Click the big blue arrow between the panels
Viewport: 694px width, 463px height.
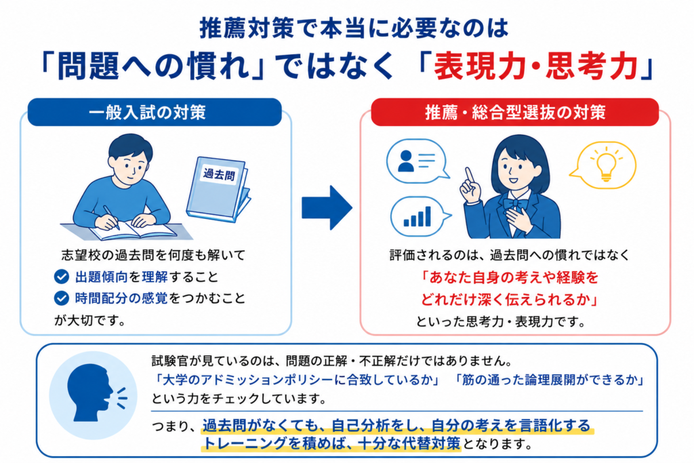tap(327, 207)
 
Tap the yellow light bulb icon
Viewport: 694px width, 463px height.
tap(606, 165)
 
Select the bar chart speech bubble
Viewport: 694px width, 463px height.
tap(419, 216)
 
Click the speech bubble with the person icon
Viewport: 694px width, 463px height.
tap(416, 161)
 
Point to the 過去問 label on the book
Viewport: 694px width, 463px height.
tap(219, 174)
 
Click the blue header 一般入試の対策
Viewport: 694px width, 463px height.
tap(155, 112)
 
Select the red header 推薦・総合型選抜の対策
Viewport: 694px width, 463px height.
tap(515, 112)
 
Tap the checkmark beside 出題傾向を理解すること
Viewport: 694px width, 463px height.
tap(62, 277)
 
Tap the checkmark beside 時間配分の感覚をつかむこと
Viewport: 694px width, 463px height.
tap(62, 298)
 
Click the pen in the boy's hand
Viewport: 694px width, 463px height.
tap(111, 217)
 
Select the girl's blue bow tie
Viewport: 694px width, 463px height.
tap(516, 204)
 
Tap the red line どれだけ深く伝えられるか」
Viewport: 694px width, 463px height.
tap(510, 300)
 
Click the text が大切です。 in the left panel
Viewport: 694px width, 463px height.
tap(90, 320)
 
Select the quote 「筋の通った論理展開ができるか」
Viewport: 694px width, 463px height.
tap(549, 380)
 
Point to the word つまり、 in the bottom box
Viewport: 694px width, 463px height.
tap(173, 426)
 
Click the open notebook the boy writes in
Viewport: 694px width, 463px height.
tap(134, 230)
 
